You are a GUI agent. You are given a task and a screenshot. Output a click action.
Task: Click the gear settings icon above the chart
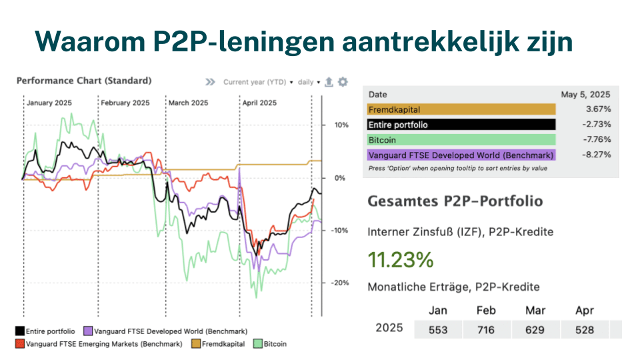click(343, 82)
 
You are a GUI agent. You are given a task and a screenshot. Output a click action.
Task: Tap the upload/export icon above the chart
click(329, 82)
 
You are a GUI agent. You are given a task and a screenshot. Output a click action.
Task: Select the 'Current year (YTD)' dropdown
click(257, 82)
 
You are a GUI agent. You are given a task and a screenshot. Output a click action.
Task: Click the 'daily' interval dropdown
click(309, 82)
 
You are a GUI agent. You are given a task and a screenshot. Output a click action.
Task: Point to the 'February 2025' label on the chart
click(125, 103)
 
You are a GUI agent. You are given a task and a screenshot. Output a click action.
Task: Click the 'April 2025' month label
click(259, 103)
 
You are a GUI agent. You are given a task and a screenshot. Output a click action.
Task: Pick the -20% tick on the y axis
click(339, 283)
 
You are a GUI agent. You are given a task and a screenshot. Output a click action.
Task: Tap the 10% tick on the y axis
click(341, 125)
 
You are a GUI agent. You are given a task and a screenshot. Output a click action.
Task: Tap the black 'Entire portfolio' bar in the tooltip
click(461, 125)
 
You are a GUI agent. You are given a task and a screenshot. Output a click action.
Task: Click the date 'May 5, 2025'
click(586, 95)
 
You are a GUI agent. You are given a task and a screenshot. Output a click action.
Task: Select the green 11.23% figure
click(400, 260)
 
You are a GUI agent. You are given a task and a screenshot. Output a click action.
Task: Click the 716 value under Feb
click(486, 329)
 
